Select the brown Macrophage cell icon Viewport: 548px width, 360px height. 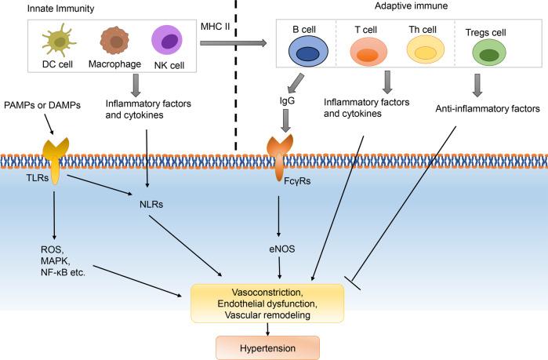116,40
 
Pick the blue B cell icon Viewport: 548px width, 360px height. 301,53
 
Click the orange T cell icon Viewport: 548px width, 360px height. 365,53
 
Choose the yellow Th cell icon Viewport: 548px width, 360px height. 425,53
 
